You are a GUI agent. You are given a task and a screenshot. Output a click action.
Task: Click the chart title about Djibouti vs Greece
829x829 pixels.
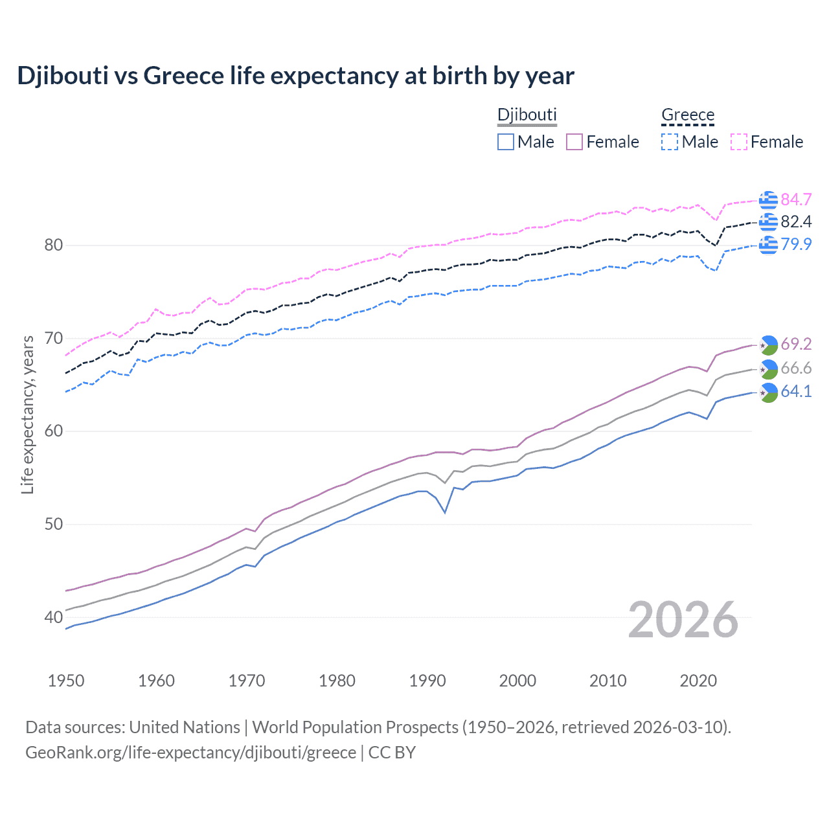click(x=295, y=76)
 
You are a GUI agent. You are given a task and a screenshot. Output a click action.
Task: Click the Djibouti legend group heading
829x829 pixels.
click(x=527, y=115)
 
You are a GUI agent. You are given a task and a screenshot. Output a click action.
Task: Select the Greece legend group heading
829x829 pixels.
click(x=687, y=115)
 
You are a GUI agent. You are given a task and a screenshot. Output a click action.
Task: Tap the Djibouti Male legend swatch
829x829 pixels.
click(x=506, y=142)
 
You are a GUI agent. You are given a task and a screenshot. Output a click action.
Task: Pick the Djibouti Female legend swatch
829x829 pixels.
click(x=574, y=142)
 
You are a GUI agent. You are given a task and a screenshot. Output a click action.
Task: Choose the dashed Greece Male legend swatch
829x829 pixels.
click(x=670, y=142)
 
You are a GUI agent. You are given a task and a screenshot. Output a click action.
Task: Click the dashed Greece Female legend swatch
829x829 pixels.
click(x=739, y=142)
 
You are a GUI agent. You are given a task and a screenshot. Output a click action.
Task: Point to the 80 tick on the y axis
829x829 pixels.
click(x=54, y=245)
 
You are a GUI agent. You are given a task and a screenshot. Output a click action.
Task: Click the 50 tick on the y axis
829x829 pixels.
click(x=54, y=524)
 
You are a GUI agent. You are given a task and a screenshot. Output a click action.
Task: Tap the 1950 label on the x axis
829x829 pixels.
click(x=66, y=681)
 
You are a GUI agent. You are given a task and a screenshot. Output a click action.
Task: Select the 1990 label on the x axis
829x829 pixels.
click(x=427, y=681)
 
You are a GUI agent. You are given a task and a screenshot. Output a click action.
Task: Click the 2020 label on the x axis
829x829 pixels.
click(x=698, y=681)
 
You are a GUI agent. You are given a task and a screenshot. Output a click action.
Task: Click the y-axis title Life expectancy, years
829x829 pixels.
click(x=27, y=414)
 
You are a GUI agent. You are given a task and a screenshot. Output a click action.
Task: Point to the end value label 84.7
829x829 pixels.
click(x=796, y=199)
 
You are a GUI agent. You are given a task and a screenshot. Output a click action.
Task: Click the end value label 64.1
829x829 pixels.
click(x=796, y=391)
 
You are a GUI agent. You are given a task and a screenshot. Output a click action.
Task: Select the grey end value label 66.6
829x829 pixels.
click(x=796, y=369)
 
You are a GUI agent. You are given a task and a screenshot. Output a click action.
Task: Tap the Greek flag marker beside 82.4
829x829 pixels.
click(x=768, y=222)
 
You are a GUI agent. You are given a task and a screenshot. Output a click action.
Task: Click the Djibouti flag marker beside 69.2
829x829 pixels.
click(x=768, y=345)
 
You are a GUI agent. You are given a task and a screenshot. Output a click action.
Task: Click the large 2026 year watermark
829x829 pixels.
click(x=683, y=620)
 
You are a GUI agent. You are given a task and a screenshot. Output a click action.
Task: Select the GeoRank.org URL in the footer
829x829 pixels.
click(x=190, y=753)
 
